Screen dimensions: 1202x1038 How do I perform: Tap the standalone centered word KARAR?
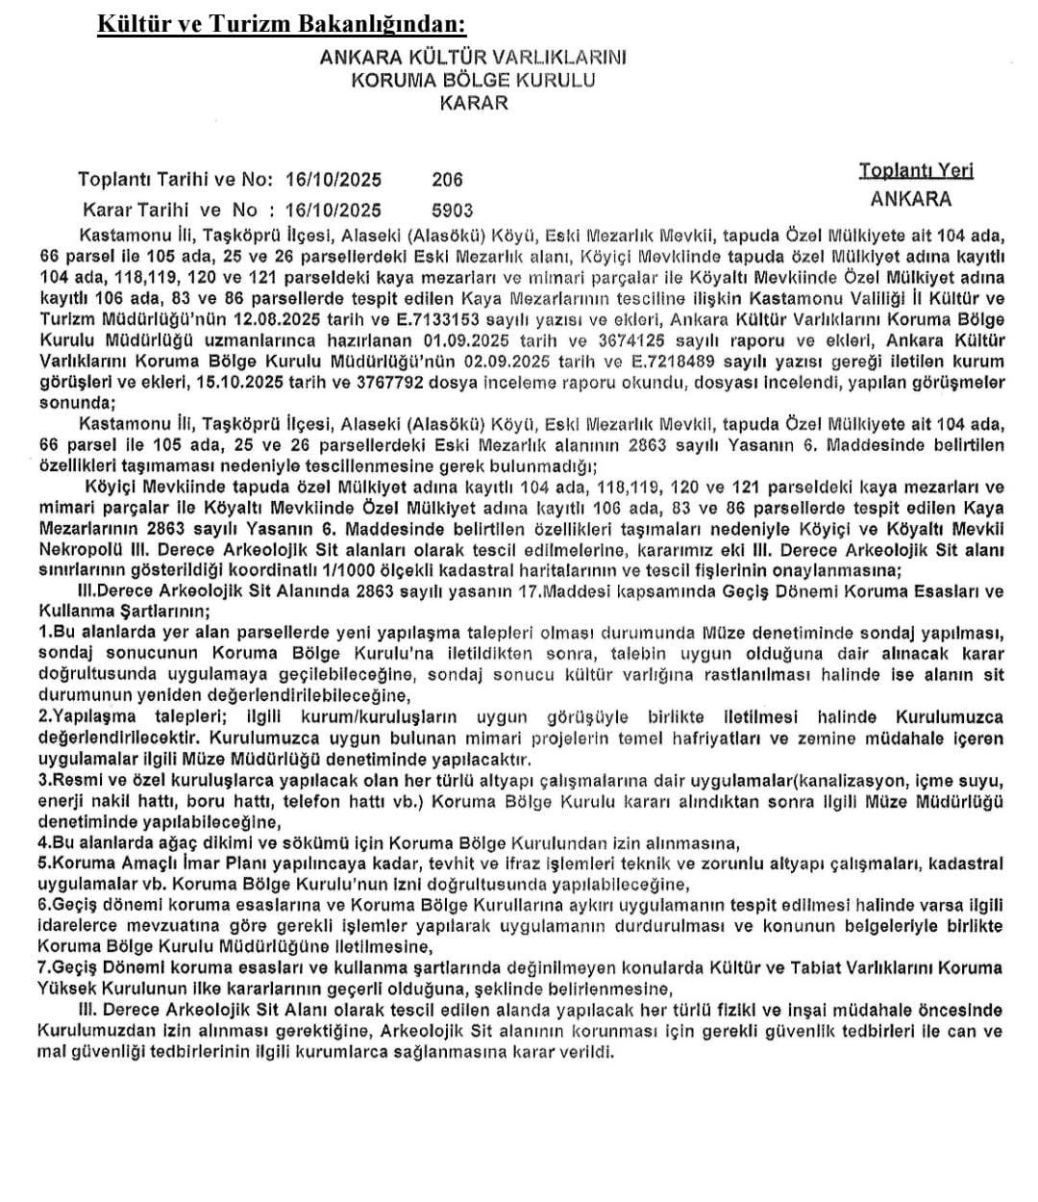[473, 103]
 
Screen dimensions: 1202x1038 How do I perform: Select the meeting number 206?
[447, 179]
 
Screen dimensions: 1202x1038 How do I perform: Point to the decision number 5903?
[453, 210]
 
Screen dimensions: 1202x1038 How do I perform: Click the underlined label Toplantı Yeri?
[916, 170]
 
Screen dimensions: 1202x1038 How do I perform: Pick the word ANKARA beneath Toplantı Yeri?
[910, 199]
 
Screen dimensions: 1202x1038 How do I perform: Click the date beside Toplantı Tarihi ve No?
[332, 179]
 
